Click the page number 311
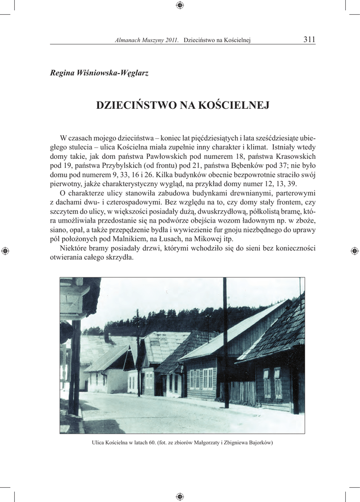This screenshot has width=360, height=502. tap(309, 40)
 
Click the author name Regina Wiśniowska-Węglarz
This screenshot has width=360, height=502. tap(99, 73)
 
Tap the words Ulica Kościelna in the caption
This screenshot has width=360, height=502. tap(109, 443)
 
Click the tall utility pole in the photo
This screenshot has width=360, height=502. tap(225, 343)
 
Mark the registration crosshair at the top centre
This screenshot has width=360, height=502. tap(180, 5)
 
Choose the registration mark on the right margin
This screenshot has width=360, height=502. tap(355, 251)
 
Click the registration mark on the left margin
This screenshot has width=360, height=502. tap(5, 251)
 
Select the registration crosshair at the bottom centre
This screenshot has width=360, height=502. tap(180, 496)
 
